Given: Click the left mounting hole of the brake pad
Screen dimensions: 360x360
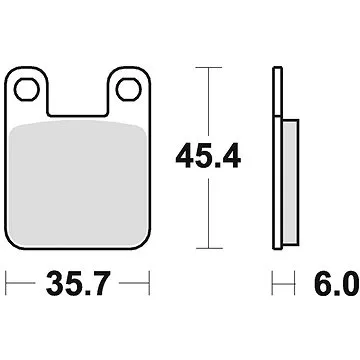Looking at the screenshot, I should click(x=29, y=90).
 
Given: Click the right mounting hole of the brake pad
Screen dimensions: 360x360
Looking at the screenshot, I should click(x=127, y=90).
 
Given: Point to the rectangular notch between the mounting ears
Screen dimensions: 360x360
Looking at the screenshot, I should click(x=78, y=95).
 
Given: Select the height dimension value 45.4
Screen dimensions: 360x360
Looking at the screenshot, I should click(x=209, y=156).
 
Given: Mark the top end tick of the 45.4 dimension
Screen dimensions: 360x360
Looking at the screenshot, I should click(x=207, y=67).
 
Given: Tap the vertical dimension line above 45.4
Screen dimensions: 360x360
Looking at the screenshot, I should click(x=207, y=100).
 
